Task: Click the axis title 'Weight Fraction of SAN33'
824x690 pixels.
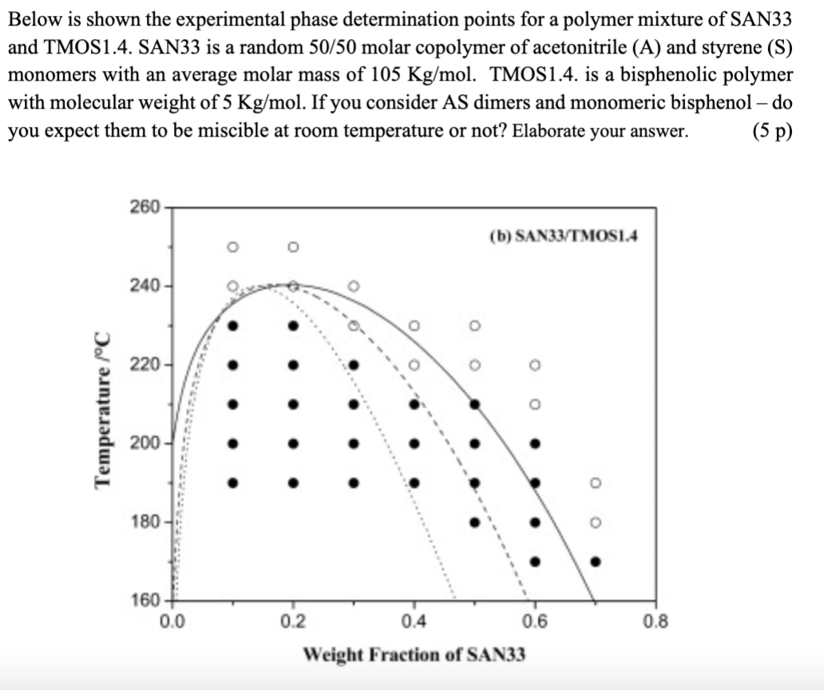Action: point(414,656)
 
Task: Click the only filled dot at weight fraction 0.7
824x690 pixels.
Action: point(595,561)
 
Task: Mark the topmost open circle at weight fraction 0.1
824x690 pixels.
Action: point(232,246)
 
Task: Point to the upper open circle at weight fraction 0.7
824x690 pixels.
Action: point(595,483)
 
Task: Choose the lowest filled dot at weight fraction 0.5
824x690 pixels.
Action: point(474,522)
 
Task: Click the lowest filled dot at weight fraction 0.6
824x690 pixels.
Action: point(535,561)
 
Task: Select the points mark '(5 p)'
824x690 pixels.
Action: point(771,131)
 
